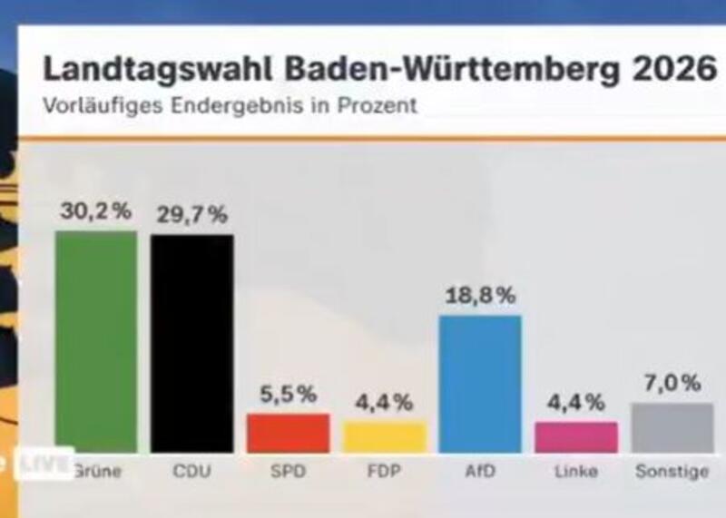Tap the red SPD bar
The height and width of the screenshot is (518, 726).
pos(288,433)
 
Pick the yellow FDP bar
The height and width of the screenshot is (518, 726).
pos(384,436)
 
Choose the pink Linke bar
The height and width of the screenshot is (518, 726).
pos(576,436)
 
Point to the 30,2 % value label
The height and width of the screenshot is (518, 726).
pos(96,211)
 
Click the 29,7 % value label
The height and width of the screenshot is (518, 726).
pos(191,215)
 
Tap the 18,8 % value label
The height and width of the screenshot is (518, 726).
pos(480,295)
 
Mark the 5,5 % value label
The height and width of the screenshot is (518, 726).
pos(288,394)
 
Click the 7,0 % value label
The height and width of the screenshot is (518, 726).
pos(672,383)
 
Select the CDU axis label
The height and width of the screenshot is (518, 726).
pos(191,472)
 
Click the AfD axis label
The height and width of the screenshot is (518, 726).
pos(480,472)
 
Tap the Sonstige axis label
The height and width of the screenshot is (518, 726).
pos(672,472)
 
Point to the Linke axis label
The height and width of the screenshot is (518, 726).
pos(576,472)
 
